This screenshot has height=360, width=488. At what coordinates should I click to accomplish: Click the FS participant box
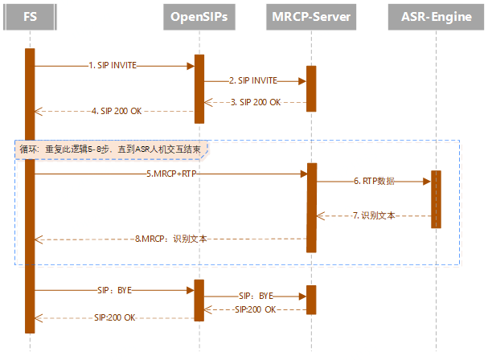click(x=30, y=15)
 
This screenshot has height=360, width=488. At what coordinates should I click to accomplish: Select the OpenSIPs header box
click(x=199, y=15)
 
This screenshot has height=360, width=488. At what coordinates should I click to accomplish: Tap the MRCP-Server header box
click(x=310, y=15)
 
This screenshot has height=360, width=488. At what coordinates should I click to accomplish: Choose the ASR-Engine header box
click(x=435, y=15)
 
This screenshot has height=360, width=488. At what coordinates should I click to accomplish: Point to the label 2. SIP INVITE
click(x=253, y=80)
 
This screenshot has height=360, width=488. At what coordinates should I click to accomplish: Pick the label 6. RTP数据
click(x=375, y=182)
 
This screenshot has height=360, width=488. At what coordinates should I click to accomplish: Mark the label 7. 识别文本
click(x=374, y=215)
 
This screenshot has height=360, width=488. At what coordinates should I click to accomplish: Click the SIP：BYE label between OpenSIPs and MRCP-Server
click(x=256, y=296)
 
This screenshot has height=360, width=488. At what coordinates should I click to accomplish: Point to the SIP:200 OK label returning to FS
click(x=114, y=317)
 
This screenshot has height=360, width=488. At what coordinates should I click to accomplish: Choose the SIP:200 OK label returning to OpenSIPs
click(x=255, y=309)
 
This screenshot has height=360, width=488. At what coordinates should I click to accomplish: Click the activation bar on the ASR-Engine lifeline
click(x=436, y=199)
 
